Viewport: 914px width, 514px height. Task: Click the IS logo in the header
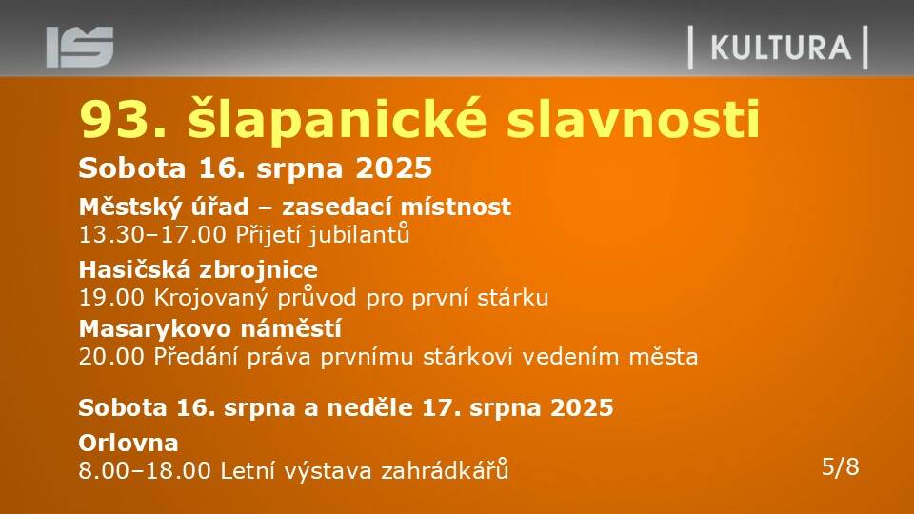(x=80, y=47)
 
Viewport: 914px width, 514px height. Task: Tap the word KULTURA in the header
(x=781, y=48)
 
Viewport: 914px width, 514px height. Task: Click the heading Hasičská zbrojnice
(x=198, y=269)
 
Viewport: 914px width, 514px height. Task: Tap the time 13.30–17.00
(x=152, y=235)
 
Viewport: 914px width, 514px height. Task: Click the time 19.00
(x=111, y=297)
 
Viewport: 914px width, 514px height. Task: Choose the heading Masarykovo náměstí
(x=209, y=329)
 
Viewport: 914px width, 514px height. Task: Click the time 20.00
(x=111, y=356)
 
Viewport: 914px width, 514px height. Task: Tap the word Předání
(x=196, y=355)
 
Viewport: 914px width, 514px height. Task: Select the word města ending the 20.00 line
(x=664, y=355)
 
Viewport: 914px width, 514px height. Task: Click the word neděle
(x=370, y=406)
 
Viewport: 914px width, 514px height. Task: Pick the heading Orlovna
(x=129, y=443)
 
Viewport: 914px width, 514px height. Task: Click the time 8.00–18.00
(x=145, y=471)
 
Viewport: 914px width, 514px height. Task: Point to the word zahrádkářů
(x=445, y=469)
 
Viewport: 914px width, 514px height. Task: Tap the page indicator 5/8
(x=841, y=466)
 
